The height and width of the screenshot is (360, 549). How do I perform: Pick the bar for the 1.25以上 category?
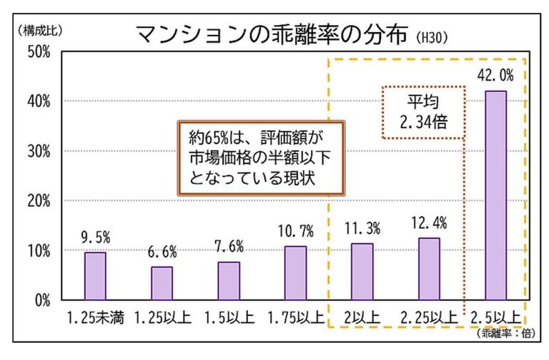[162, 283]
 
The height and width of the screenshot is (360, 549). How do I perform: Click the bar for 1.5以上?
[229, 281]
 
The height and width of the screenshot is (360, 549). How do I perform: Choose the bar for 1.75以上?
[295, 273]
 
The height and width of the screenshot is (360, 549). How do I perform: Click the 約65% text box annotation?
[260, 157]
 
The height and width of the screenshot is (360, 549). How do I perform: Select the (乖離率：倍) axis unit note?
[500, 332]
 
